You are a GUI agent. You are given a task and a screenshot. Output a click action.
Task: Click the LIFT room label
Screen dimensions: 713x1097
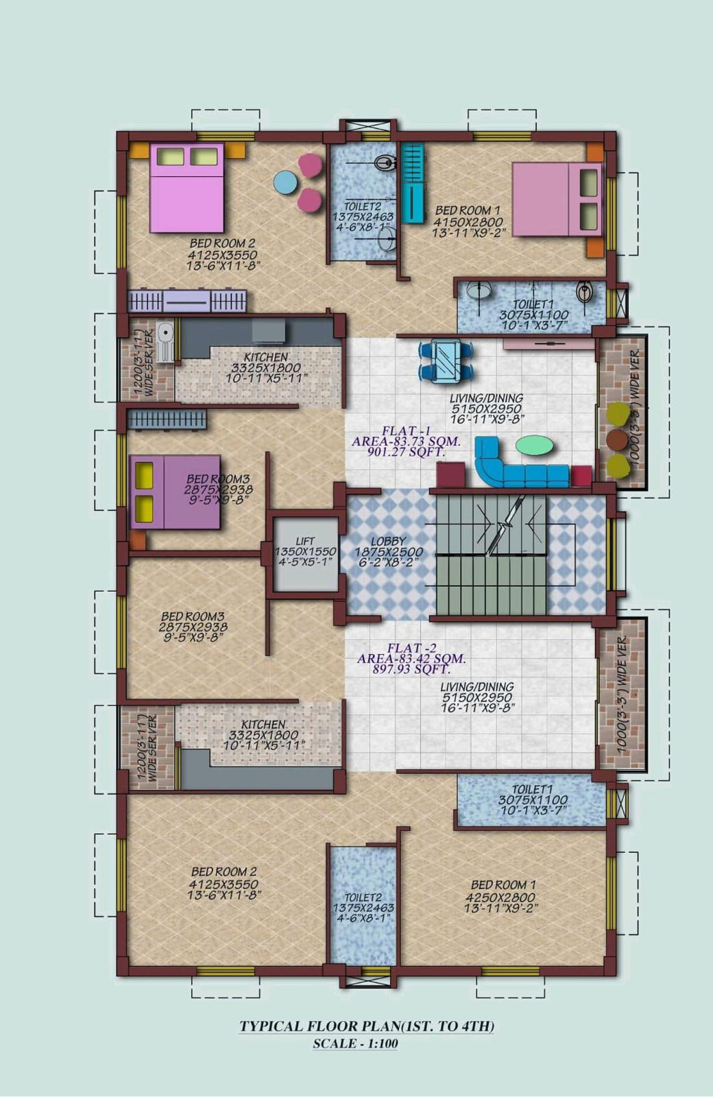coord(305,541)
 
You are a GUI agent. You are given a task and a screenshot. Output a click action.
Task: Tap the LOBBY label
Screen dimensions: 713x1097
coord(388,541)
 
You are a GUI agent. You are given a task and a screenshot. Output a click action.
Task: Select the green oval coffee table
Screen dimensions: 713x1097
coord(535,446)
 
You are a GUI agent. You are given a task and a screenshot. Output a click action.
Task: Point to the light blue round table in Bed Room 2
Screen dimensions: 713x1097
coord(285,182)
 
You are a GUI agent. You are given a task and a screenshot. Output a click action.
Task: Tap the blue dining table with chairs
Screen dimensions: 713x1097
coord(446,361)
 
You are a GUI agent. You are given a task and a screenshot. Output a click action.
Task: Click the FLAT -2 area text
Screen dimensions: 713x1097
coord(411,659)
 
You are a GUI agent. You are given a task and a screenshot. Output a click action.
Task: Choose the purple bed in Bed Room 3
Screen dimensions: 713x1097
coord(175,492)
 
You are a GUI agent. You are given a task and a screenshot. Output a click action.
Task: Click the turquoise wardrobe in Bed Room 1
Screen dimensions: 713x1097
coord(412,182)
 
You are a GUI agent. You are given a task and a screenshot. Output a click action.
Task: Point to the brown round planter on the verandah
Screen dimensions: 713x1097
coord(617,439)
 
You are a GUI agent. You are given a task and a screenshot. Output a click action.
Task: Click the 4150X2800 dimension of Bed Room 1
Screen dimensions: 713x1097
coord(468,222)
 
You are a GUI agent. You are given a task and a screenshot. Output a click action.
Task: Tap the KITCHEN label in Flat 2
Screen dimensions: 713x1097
coord(263,724)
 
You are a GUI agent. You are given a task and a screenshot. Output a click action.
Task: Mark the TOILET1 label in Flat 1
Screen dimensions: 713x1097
coord(533,304)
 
